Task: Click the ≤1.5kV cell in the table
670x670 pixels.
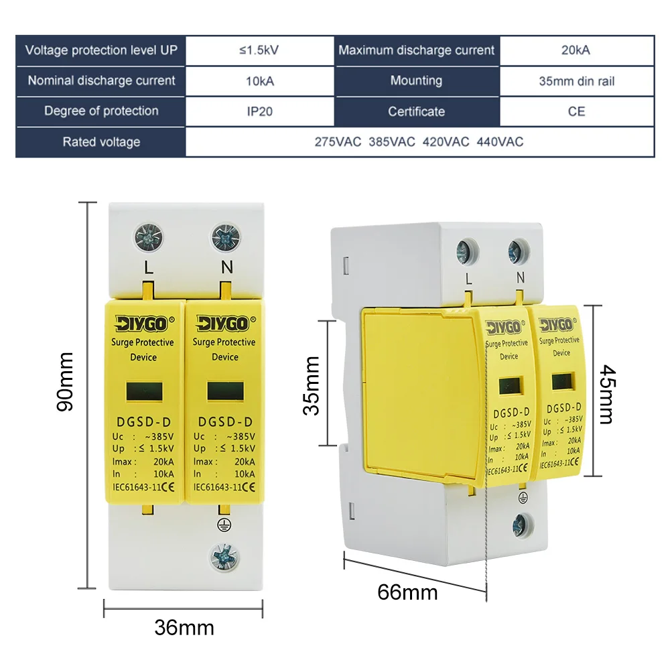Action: click(x=259, y=50)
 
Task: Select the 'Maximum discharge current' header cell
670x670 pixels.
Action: click(x=416, y=50)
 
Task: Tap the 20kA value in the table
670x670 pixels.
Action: click(x=576, y=50)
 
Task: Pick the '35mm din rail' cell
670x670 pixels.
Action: click(x=576, y=81)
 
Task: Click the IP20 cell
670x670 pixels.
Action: click(x=259, y=112)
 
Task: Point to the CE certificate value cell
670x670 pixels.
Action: click(x=576, y=112)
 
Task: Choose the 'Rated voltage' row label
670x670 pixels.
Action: click(x=101, y=142)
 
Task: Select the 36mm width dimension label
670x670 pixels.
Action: click(x=184, y=628)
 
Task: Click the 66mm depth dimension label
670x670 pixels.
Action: click(x=407, y=592)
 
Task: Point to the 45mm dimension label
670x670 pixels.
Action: click(x=605, y=394)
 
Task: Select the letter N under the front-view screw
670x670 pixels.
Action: click(x=226, y=267)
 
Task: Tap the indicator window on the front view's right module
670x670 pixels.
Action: click(x=224, y=391)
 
